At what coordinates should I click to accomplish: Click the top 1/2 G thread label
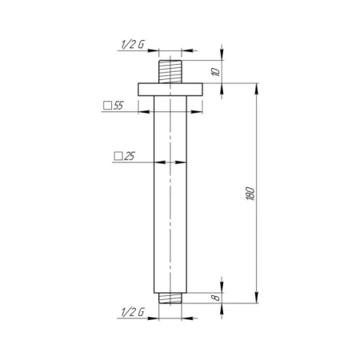(x=133, y=44)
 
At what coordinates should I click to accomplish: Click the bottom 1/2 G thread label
(x=133, y=312)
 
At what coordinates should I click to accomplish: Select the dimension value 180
(x=250, y=194)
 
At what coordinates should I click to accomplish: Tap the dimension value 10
(x=216, y=72)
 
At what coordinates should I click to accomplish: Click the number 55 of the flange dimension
(x=118, y=106)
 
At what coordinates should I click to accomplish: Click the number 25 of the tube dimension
(x=130, y=156)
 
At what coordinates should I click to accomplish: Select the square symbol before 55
(x=107, y=106)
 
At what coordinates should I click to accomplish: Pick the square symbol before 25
(x=118, y=156)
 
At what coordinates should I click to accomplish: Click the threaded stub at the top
(x=170, y=72)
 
